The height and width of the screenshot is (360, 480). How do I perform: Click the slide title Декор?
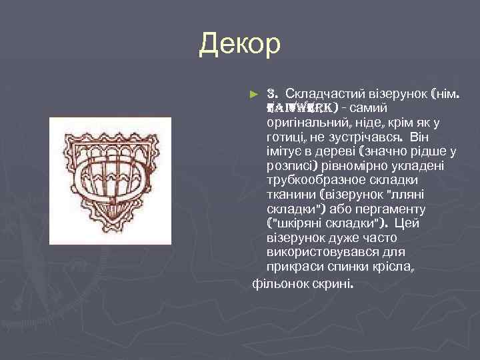[x=240, y=45]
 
